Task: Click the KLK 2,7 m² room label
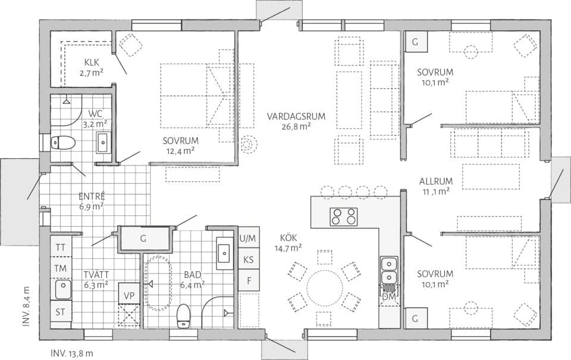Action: [91, 68]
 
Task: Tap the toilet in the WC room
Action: [62, 143]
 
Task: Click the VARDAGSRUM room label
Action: [296, 121]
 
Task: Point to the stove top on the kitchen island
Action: [344, 217]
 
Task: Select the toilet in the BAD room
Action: [184, 315]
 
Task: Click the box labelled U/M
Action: [249, 239]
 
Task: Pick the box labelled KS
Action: [249, 259]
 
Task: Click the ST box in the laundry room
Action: [61, 311]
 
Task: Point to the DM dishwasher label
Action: [388, 296]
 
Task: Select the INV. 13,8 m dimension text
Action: [72, 353]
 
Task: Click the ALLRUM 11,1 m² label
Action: [436, 186]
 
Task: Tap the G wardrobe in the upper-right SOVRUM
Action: [415, 42]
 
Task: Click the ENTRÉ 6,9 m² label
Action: [92, 201]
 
